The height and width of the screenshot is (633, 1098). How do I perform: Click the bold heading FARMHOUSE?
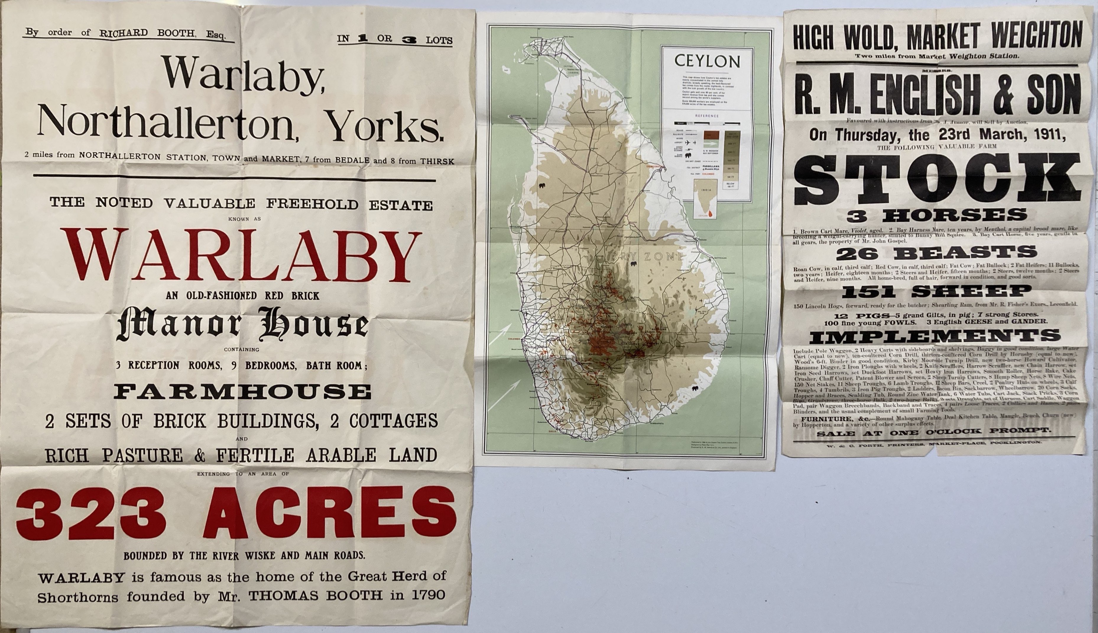[242, 392]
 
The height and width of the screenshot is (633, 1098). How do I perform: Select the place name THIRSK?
[437, 161]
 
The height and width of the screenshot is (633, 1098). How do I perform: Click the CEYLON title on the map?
[707, 61]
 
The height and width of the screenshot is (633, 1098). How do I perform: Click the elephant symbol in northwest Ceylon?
[542, 185]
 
